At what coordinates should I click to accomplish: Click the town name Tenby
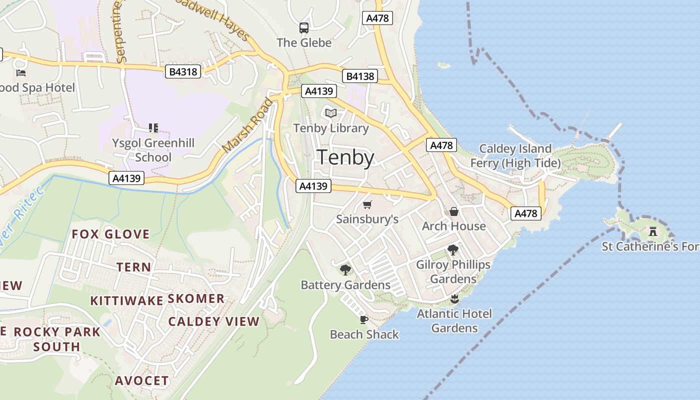(x=345, y=157)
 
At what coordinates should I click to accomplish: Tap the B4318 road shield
(x=183, y=72)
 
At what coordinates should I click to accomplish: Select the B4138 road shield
(x=360, y=76)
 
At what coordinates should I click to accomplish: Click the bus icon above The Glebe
(x=304, y=28)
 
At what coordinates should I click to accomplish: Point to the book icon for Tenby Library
(x=330, y=113)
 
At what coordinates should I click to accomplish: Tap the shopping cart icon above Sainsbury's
(x=367, y=204)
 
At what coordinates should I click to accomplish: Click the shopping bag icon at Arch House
(x=454, y=211)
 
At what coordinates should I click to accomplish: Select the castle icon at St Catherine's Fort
(x=652, y=231)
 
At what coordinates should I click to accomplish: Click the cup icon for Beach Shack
(x=364, y=319)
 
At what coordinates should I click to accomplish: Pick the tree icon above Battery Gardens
(x=345, y=270)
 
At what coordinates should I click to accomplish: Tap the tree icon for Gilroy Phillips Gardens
(x=453, y=249)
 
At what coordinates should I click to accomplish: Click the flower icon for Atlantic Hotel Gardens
(x=454, y=299)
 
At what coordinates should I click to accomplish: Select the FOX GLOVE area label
(x=110, y=234)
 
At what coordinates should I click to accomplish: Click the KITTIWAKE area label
(x=126, y=300)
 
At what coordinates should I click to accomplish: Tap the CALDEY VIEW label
(x=213, y=321)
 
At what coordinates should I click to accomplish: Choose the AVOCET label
(x=142, y=380)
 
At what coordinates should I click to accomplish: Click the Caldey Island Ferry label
(x=515, y=155)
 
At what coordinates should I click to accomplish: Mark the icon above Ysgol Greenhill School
(x=153, y=128)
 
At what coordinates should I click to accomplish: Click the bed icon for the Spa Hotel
(x=21, y=73)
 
